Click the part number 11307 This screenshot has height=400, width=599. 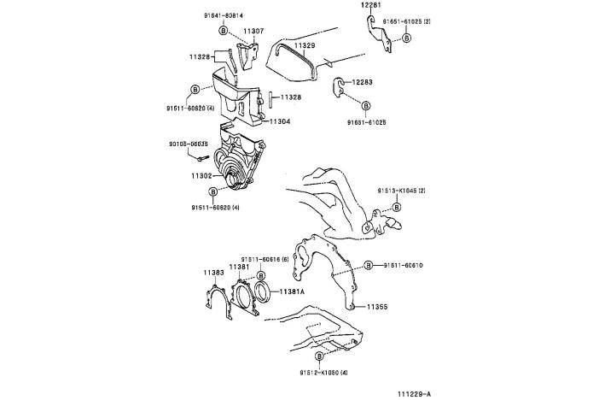click(253, 31)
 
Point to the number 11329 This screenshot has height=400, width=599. click(305, 44)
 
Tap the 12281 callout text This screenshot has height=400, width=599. click(368, 5)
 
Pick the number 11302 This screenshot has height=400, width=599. click(202, 175)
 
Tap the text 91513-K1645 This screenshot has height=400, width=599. click(398, 191)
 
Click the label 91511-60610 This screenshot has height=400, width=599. click(403, 265)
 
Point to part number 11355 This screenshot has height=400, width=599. click(378, 305)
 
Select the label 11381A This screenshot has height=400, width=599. click(294, 291)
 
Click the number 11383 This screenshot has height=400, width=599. click(213, 272)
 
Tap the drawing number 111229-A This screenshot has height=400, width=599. click(413, 393)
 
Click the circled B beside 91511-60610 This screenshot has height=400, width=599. click(369, 265)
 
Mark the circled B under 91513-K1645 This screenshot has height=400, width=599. click(397, 207)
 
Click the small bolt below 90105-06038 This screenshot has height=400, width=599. click(201, 158)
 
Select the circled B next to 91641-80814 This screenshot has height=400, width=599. click(224, 30)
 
